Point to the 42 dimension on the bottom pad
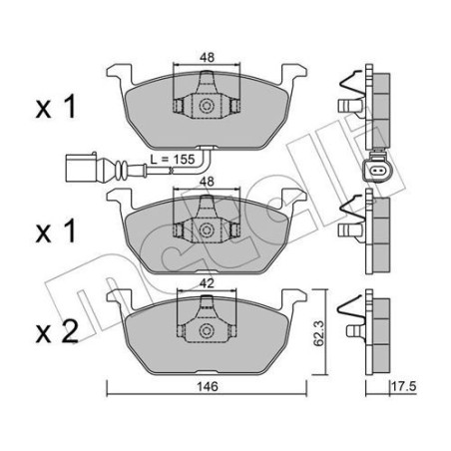(x=205, y=282)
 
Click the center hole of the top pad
(x=205, y=106)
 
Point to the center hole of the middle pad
(x=205, y=230)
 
